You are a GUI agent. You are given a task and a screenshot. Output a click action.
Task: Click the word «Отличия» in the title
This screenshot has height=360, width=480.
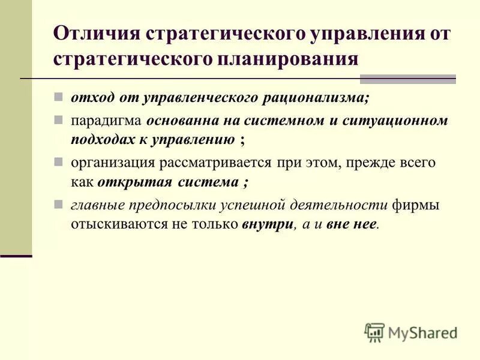(96, 33)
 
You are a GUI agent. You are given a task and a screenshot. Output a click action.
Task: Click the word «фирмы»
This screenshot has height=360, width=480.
(416, 205)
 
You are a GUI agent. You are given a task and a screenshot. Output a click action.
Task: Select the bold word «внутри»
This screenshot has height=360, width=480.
(269, 225)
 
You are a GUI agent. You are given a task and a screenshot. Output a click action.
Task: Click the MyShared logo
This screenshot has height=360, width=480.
(412, 332)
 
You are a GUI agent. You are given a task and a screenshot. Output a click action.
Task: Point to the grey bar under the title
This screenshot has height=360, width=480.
(407, 79)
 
